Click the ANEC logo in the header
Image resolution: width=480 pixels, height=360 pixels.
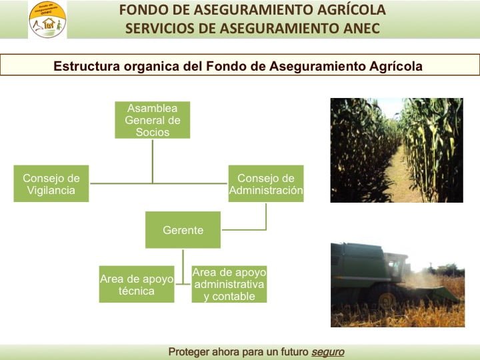pos(47,19)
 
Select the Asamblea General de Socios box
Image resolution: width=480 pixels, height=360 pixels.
pos(153,120)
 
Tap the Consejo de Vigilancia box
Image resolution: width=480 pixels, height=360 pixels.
pos(51,184)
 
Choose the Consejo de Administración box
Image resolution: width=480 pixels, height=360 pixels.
pos(266,184)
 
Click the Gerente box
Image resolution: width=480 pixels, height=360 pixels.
pos(183,230)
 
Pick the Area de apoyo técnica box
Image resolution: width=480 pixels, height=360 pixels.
pos(137,285)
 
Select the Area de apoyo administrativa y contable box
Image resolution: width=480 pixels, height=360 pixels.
pos(229,285)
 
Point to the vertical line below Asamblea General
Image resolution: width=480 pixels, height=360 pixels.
pos(153,161)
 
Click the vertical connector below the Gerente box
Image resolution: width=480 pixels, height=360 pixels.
pos(183,267)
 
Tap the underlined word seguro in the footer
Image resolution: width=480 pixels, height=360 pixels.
pos(328,352)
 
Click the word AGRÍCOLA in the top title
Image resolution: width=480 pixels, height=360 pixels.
pos(351,10)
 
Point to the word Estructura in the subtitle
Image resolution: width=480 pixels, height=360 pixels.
pos(87,66)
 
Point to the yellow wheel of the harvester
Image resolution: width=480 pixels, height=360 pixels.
pos(387,301)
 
